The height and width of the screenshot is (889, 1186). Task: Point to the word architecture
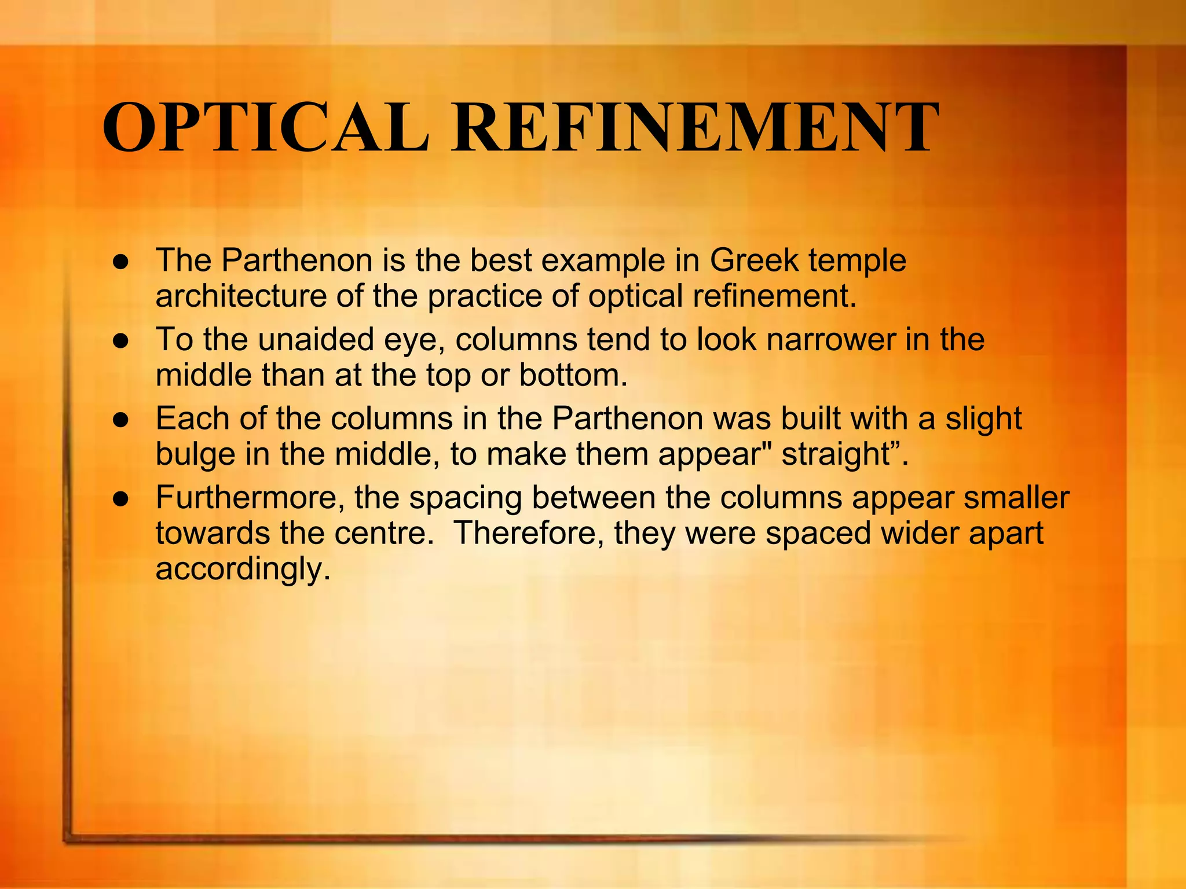tap(241, 296)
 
